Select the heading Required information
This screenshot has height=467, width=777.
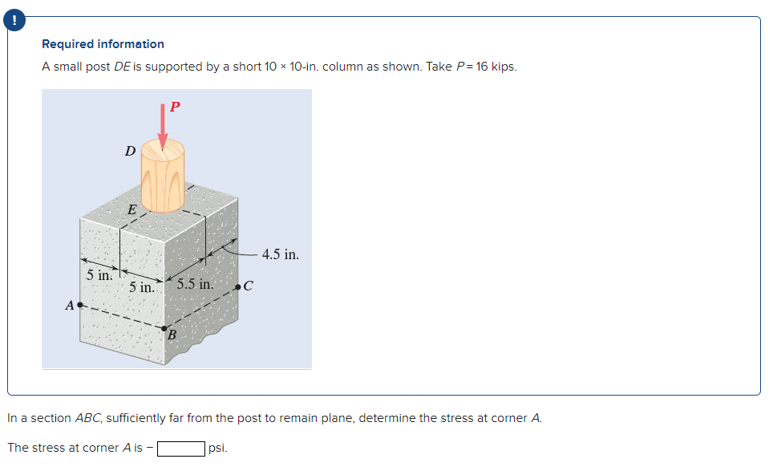point(103,44)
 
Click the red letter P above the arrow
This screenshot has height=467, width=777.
point(176,106)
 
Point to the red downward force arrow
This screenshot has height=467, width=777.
point(163,127)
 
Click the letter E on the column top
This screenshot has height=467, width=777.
point(132,210)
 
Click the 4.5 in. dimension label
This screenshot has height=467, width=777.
point(280,254)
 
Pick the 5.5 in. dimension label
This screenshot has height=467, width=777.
point(195,284)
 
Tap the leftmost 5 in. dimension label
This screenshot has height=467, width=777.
point(100,275)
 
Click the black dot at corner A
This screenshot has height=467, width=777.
point(80,305)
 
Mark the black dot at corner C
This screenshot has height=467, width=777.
point(238,286)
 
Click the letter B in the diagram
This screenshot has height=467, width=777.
point(170,334)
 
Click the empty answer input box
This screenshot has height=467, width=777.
point(180,448)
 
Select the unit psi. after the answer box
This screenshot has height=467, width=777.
point(218,448)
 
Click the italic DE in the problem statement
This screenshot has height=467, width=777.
point(122,67)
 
